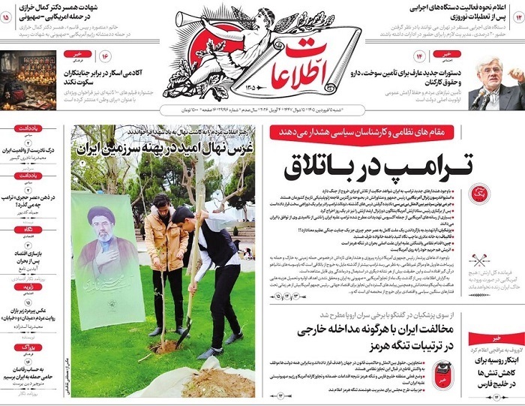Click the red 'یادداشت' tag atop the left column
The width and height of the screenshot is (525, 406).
[x=26, y=128]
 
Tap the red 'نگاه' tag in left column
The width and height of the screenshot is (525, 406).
[x=26, y=228]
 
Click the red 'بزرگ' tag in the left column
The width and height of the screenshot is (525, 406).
[x=26, y=348]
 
